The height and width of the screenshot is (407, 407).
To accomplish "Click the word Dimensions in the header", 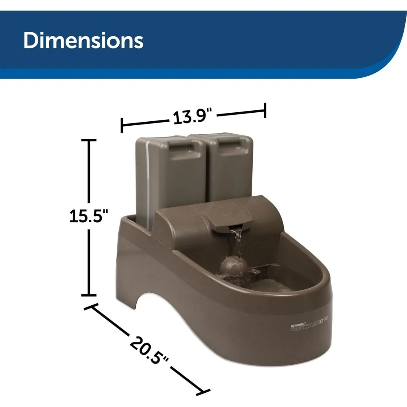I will (83, 41).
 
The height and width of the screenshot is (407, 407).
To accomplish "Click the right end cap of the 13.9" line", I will (265, 110).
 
